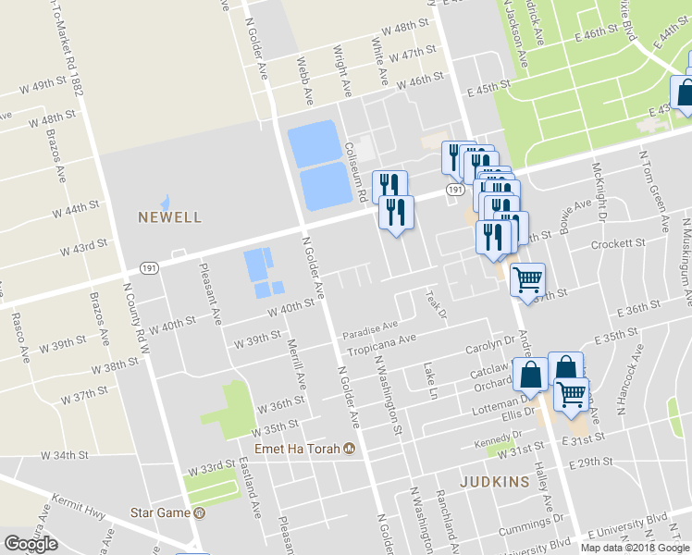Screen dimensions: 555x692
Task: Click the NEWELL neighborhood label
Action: point(169,218)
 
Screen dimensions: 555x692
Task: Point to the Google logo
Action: point(31,544)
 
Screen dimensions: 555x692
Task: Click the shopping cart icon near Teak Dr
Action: point(527,278)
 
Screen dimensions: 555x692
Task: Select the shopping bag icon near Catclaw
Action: point(531,376)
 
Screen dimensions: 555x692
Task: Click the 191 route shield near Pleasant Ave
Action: point(148,266)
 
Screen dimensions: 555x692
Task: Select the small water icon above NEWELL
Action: point(166,201)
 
